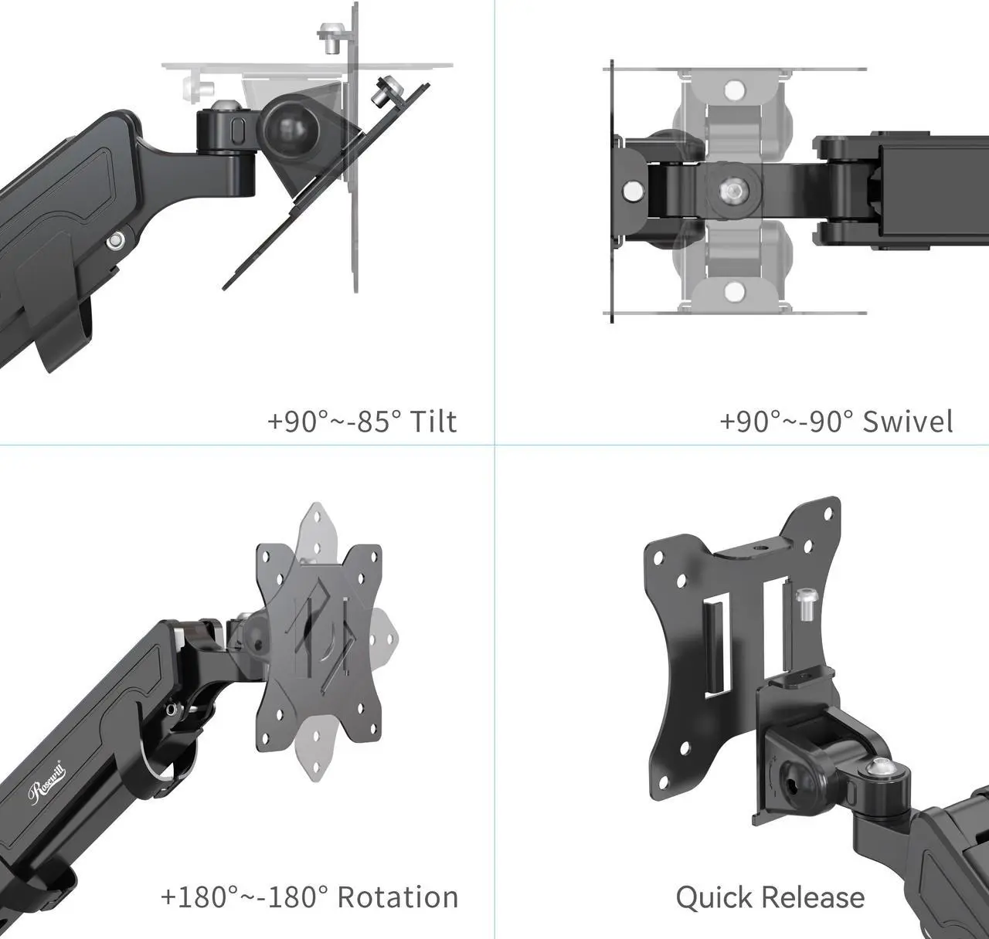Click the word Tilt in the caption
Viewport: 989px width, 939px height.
point(433,422)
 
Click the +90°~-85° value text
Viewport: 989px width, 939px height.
point(335,422)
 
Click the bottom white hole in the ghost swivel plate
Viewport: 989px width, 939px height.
point(734,291)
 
